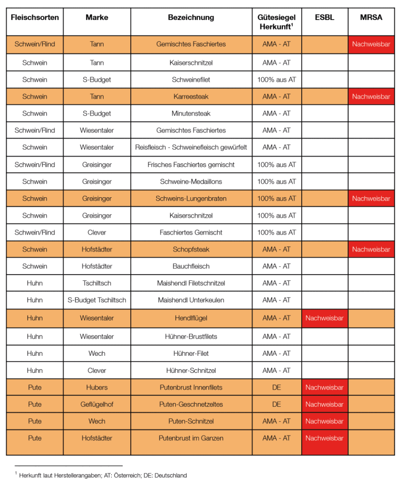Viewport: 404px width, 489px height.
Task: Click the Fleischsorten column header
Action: point(34,18)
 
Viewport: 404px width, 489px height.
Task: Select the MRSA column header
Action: point(371,18)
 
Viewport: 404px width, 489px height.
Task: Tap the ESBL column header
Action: point(324,18)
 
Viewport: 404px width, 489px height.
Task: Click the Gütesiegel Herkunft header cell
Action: point(276,22)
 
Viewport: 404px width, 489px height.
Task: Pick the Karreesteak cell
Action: point(191,96)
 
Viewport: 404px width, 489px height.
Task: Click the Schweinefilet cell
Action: point(191,80)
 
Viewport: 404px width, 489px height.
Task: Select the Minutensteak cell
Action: point(191,114)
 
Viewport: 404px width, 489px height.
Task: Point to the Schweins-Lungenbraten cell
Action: point(191,199)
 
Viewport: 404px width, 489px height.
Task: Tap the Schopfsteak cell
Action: point(191,249)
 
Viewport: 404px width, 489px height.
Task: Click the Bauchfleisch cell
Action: point(191,266)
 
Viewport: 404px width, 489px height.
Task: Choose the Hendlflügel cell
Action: point(191,318)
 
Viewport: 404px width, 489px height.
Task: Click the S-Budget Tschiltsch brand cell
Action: point(97,300)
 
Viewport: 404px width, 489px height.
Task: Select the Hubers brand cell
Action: point(97,387)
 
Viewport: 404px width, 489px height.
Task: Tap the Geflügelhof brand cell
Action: point(97,404)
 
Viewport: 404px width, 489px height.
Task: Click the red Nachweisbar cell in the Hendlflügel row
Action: point(324,318)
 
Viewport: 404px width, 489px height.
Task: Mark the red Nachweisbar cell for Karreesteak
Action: point(371,96)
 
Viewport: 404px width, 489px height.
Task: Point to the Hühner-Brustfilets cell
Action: point(191,337)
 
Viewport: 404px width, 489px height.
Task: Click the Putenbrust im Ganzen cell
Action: point(191,438)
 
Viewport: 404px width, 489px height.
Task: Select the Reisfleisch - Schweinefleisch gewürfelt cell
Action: point(191,148)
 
